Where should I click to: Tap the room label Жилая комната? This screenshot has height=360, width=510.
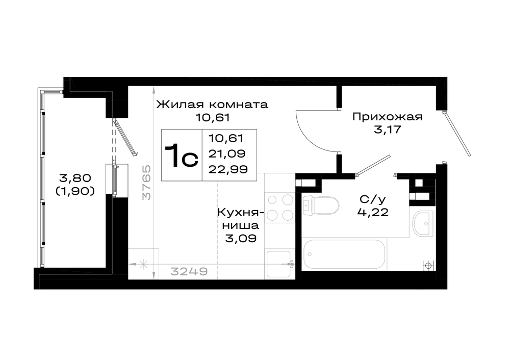(212, 105)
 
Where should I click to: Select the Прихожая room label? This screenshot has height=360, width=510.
(388, 117)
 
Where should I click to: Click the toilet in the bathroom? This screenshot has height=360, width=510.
(320, 205)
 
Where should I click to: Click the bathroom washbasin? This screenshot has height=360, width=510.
(423, 223)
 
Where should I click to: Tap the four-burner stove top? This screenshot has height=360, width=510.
(279, 207)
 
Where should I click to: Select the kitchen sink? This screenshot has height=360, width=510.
(279, 264)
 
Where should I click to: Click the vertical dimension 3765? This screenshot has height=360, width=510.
(147, 183)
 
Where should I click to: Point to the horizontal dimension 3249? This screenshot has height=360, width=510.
(189, 271)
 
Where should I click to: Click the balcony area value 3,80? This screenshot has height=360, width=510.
(75, 178)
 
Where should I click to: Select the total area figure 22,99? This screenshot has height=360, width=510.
(228, 169)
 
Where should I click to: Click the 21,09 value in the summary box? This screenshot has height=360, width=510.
(227, 153)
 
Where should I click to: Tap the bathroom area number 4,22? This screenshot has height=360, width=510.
(373, 212)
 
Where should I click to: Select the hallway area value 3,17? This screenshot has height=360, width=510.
(388, 130)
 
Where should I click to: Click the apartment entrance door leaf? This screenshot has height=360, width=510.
(457, 133)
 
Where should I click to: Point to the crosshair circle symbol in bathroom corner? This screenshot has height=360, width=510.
(428, 265)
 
